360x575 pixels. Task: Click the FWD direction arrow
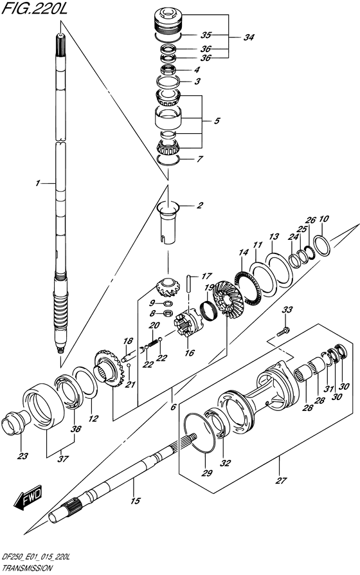(x=28, y=498)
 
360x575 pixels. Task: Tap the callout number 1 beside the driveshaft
(x=37, y=183)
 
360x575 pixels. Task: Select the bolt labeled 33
(x=283, y=332)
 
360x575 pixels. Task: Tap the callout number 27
(x=281, y=480)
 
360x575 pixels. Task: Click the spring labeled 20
(x=152, y=343)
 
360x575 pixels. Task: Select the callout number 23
(x=22, y=457)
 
